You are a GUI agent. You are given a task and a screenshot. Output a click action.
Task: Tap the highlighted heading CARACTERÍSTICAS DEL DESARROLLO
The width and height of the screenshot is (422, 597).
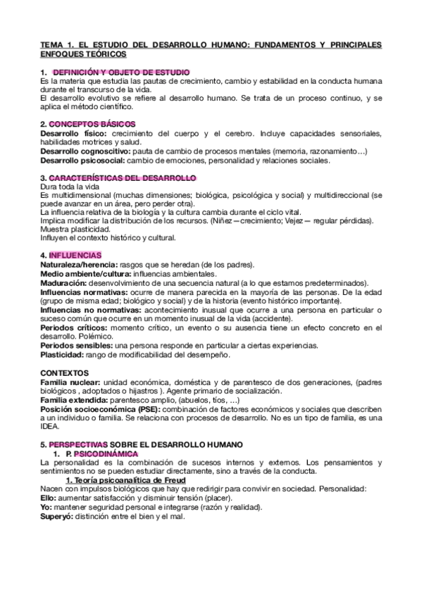tap(124, 177)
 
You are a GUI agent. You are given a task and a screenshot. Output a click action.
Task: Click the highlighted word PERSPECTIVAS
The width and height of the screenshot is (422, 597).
tap(78, 445)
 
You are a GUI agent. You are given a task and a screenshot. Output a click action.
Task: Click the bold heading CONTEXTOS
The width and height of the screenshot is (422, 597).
tap(65, 372)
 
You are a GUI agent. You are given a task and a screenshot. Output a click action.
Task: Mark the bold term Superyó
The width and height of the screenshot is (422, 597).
tap(58, 517)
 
